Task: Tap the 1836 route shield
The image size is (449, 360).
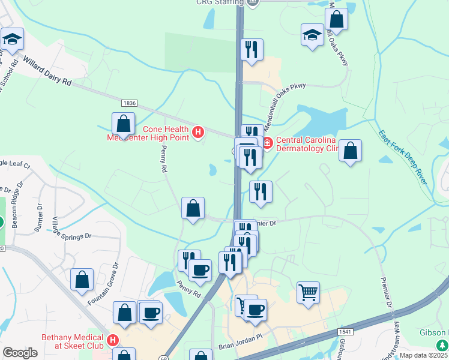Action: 128,104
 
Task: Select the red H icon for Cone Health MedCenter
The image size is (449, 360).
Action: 198,130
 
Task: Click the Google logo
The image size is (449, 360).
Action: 20,352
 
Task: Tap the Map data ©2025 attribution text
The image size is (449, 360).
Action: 424,355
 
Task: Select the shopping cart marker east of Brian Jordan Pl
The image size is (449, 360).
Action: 308,293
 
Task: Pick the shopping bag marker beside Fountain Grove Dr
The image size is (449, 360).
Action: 82,279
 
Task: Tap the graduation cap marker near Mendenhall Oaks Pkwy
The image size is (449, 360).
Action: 313,34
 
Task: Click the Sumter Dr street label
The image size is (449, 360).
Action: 40,217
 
